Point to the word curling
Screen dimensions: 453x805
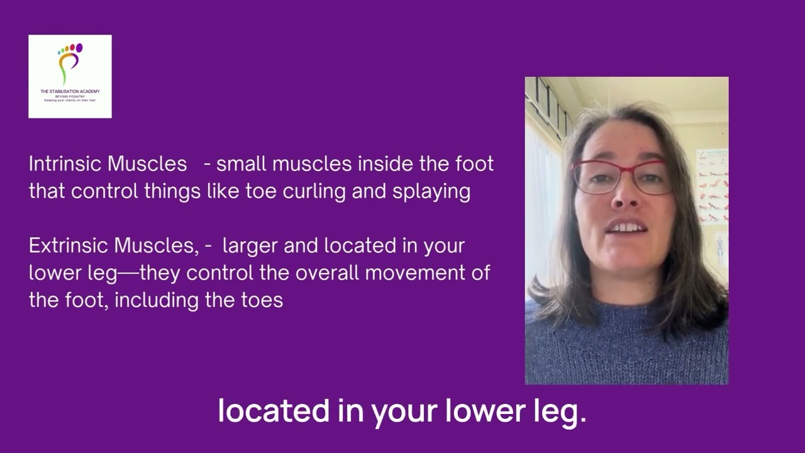click(315, 192)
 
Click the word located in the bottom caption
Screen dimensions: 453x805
click(272, 411)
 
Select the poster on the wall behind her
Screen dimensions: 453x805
click(711, 186)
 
